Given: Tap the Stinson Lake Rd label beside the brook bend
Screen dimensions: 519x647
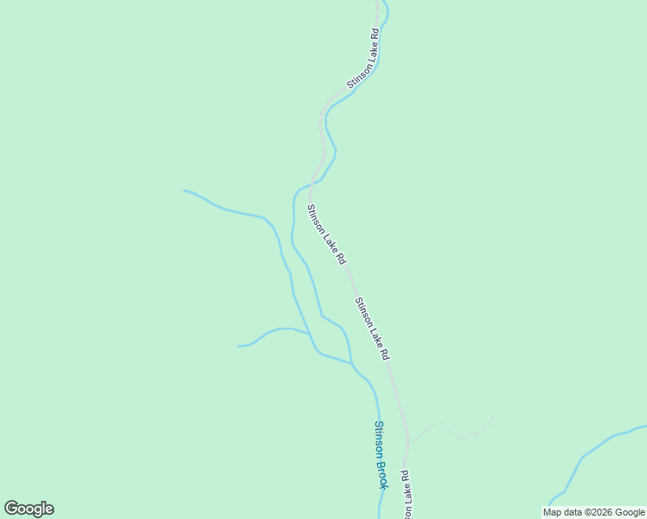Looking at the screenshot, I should [x=326, y=234].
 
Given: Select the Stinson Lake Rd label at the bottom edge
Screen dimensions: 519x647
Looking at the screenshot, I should [x=404, y=497].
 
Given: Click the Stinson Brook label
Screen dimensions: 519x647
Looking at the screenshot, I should [x=380, y=454].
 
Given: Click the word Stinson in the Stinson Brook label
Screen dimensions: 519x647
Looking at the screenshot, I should [x=378, y=438].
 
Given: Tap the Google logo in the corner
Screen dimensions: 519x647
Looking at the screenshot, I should [x=29, y=509].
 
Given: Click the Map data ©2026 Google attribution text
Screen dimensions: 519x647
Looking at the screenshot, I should [x=593, y=512].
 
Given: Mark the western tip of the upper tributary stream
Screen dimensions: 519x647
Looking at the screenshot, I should [x=184, y=190].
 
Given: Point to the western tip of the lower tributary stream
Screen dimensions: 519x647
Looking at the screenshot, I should [x=239, y=346].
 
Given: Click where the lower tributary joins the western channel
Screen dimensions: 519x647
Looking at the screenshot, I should [x=310, y=334].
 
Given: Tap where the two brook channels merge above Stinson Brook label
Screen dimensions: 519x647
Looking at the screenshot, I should [x=352, y=363].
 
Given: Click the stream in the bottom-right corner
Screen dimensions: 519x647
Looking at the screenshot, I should [x=588, y=454].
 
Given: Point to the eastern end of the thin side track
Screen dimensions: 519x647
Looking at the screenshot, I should [x=493, y=415].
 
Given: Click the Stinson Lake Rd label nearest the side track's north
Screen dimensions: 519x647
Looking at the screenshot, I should [x=372, y=329].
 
